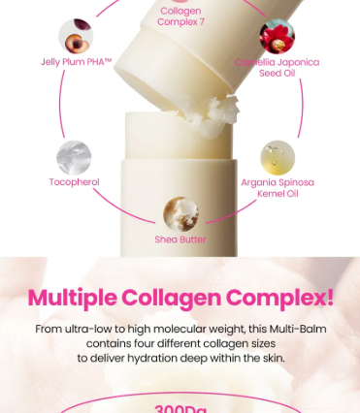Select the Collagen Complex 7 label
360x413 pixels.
pos(180,16)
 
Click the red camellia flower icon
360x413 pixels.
pos(277,36)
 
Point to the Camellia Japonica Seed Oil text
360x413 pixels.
pos(277,68)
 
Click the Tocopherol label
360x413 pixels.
pos(74,182)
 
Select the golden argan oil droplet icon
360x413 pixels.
pos(277,156)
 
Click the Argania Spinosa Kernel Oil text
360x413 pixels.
pos(277,187)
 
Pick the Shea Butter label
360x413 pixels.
pos(180,239)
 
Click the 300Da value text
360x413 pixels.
pos(180,408)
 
